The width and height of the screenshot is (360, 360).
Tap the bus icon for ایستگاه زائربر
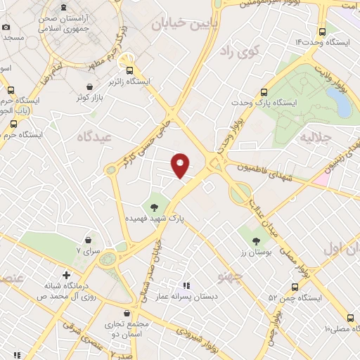[129, 70]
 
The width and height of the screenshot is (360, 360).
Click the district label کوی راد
[240, 51]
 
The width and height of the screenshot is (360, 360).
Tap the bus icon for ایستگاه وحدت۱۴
[322, 31]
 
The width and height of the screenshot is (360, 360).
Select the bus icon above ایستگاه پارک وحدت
[264, 92]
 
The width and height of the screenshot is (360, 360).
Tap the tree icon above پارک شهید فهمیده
[154, 207]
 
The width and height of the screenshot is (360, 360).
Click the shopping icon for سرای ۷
[88, 239]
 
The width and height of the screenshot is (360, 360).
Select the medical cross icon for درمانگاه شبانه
[66, 275]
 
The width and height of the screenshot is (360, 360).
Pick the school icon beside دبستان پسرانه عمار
[186, 285]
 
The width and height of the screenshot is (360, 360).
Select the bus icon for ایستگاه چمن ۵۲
[295, 286]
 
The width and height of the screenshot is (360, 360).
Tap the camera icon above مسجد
[6, 27]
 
